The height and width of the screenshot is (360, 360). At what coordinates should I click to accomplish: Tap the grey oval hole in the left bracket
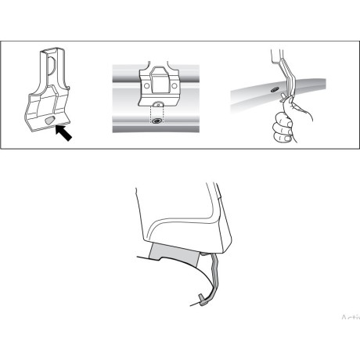(x=51, y=121)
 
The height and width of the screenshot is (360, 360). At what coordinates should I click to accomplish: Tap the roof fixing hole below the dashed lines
(x=157, y=121)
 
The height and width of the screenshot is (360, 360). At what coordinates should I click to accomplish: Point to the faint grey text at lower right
(x=349, y=318)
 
